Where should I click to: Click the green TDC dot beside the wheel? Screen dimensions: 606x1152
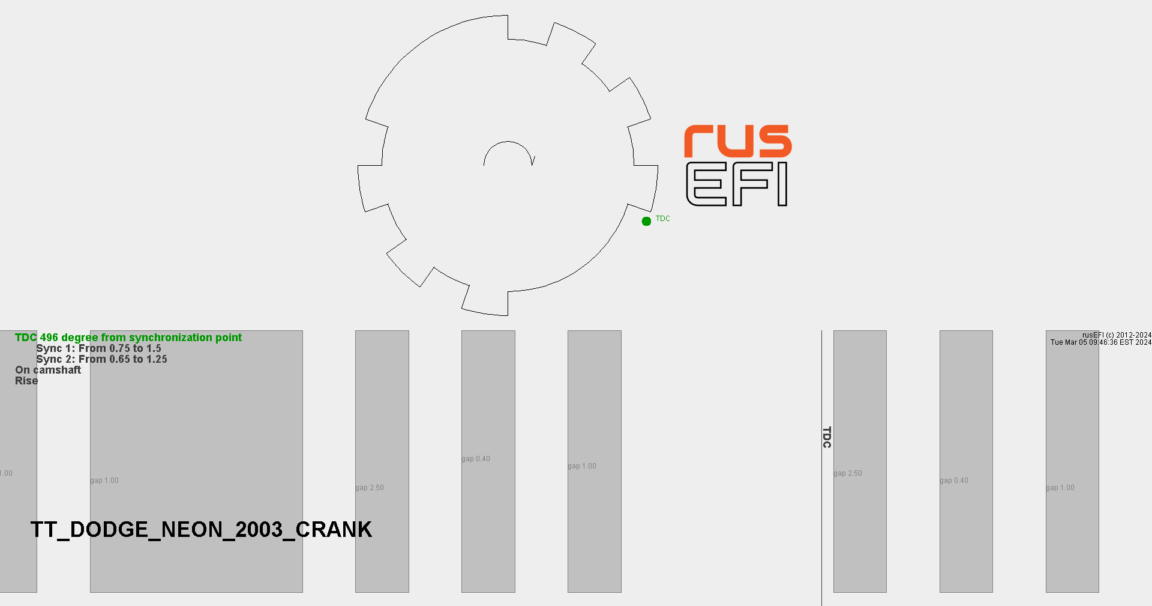[646, 221]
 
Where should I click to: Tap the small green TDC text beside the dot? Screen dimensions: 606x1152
[662, 219]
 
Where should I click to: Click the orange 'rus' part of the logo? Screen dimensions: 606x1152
[737, 142]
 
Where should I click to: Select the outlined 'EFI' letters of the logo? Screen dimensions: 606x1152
[736, 184]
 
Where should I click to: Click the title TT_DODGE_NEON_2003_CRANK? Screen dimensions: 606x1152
[201, 529]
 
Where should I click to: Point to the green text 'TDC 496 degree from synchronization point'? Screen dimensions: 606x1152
[128, 338]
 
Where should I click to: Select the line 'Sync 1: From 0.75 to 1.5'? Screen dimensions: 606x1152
[98, 348]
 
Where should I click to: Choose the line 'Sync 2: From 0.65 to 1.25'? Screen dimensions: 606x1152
[101, 359]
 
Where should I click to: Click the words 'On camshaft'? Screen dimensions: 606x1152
[48, 370]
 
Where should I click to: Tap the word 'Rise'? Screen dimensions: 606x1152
[26, 381]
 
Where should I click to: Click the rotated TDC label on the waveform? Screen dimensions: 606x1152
[827, 437]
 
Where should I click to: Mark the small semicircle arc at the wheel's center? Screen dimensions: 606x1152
[508, 151]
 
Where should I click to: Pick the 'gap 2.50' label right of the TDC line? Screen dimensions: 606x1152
[847, 473]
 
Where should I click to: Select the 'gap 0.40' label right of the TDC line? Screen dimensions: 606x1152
[953, 480]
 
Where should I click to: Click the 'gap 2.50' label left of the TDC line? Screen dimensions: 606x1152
[369, 488]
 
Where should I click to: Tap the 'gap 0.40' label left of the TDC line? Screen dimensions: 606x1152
[475, 459]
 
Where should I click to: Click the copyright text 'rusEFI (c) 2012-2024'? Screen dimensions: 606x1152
[1117, 335]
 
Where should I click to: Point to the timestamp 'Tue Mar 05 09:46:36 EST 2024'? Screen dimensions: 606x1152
[1100, 342]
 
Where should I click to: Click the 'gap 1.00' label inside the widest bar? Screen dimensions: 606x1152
[104, 480]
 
